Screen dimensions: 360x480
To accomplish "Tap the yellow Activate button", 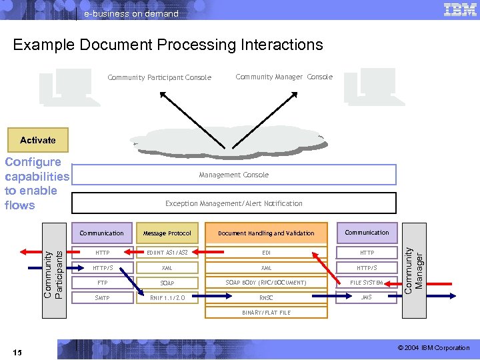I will tap(38, 140).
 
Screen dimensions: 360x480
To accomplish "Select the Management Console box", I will tap(233, 175).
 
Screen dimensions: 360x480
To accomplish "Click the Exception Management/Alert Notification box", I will tap(233, 203).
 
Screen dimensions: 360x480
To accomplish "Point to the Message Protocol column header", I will tap(167, 233).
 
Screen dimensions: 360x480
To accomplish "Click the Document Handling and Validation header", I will tap(266, 233).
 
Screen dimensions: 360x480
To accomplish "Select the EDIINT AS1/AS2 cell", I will tap(167, 253).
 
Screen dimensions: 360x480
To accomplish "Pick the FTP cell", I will tap(102, 283).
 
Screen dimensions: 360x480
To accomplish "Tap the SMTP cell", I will tap(102, 297).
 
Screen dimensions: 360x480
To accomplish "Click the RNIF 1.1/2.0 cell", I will tap(167, 297).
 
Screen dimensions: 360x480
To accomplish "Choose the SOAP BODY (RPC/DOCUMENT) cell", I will tap(266, 283).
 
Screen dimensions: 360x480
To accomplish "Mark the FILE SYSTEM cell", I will tap(367, 283).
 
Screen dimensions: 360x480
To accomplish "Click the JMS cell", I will tap(367, 297).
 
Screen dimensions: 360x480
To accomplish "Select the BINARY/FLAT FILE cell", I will tap(266, 312).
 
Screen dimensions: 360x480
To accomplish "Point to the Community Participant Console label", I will tap(159, 78).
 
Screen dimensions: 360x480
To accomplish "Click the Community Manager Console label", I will tap(284, 77).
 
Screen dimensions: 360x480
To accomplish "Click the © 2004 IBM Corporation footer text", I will tap(434, 348).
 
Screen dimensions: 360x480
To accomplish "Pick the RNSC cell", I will tap(266, 297).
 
